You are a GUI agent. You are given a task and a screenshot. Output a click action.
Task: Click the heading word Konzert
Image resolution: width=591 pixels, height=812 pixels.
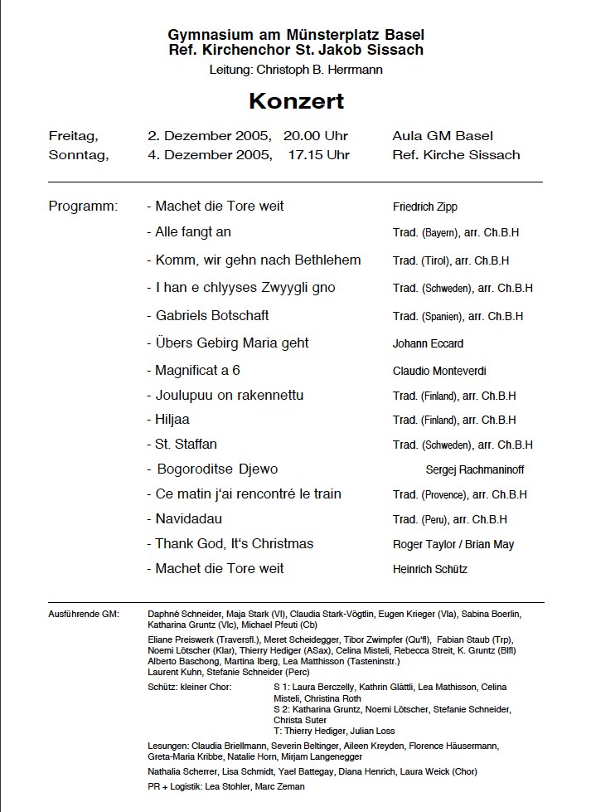click(x=296, y=102)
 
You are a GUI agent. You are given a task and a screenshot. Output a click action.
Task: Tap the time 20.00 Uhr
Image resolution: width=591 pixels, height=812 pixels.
click(x=316, y=135)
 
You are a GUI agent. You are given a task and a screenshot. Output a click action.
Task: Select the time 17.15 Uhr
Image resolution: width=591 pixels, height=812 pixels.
click(x=319, y=154)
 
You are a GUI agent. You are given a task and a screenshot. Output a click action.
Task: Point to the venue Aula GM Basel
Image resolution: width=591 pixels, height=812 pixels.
click(x=443, y=135)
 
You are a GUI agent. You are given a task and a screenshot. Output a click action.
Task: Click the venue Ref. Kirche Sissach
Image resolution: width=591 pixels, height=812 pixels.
click(x=456, y=154)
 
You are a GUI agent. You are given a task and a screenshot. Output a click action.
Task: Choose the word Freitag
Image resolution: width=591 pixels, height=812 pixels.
click(x=74, y=135)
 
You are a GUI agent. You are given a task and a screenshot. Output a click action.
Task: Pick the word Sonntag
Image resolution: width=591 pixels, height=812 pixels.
click(x=78, y=154)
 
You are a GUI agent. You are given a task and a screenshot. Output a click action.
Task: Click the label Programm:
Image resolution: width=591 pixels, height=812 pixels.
click(x=84, y=206)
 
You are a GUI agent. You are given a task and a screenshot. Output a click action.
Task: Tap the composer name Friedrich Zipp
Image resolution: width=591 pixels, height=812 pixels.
click(x=424, y=207)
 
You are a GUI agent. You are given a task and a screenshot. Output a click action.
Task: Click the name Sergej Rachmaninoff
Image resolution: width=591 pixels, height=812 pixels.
click(x=474, y=469)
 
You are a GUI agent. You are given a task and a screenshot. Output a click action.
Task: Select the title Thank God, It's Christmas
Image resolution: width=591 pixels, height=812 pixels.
click(x=235, y=543)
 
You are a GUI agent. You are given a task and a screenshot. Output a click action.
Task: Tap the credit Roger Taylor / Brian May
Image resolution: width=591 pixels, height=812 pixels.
click(x=453, y=544)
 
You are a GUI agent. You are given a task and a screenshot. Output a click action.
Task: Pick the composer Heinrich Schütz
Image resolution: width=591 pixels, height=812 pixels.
click(x=430, y=569)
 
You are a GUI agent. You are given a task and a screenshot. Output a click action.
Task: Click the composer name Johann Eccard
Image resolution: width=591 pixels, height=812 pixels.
click(x=428, y=343)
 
